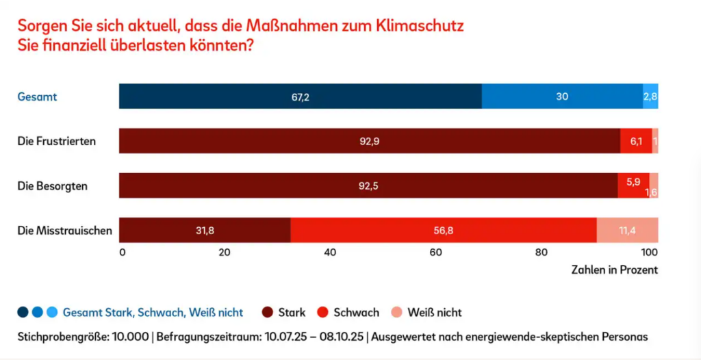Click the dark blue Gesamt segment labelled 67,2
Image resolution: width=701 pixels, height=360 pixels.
point(300,97)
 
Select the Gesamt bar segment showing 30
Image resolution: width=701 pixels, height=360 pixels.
point(562,97)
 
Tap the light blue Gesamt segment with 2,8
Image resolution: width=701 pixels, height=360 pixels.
point(650,97)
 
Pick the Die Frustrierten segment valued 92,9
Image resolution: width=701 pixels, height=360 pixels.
point(370,141)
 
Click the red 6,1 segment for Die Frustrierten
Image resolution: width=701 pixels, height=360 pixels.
point(636,141)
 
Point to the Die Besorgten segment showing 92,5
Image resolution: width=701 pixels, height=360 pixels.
point(368,185)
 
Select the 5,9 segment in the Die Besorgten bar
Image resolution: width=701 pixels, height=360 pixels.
point(633,183)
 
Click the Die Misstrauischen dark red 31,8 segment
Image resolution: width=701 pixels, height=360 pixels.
point(205,231)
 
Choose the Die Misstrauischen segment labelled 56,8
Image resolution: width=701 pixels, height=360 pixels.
point(444,231)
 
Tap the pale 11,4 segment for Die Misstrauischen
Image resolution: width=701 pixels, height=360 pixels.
point(627,231)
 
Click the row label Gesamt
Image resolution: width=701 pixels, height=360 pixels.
point(37,97)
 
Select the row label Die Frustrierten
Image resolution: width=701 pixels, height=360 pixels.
point(57,142)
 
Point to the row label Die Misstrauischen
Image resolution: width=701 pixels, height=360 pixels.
point(64,231)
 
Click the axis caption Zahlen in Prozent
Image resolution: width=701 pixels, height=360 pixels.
point(614,270)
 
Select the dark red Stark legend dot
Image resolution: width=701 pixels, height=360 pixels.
point(267,312)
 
